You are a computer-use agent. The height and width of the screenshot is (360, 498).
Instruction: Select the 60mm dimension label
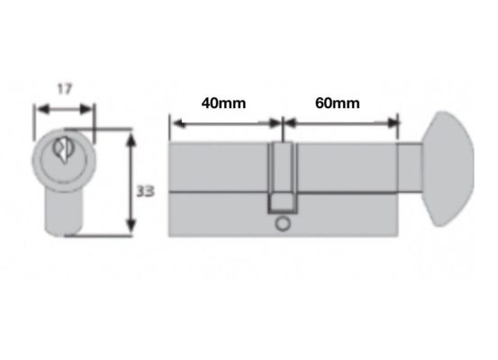338,103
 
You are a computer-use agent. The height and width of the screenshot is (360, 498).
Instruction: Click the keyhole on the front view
62,149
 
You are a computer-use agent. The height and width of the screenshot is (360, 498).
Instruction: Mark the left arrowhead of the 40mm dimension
174,123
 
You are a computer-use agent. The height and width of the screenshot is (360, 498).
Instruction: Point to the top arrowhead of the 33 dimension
132,139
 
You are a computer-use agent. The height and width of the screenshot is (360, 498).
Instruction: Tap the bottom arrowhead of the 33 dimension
132,231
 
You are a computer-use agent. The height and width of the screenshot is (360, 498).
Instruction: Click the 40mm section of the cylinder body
221,189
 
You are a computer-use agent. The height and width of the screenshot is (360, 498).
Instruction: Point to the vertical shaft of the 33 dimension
132,184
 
